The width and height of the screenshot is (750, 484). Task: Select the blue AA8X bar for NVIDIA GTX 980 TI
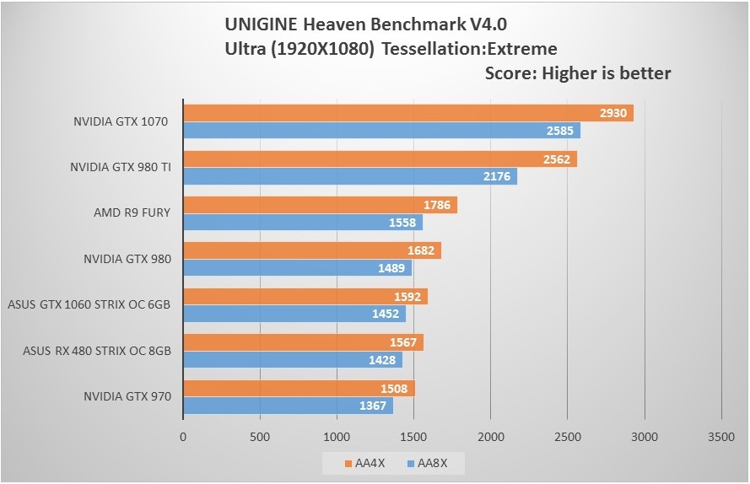(x=349, y=176)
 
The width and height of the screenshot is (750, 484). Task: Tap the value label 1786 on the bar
(x=437, y=205)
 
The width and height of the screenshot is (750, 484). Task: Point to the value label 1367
(x=374, y=406)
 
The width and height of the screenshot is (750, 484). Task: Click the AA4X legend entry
(x=365, y=463)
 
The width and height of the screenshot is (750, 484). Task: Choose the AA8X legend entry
(x=426, y=463)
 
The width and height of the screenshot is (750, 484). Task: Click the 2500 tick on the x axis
(x=567, y=437)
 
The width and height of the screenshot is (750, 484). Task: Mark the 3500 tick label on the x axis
(x=720, y=437)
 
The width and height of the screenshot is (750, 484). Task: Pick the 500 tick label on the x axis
(x=260, y=437)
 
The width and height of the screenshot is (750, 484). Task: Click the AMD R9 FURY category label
(x=132, y=212)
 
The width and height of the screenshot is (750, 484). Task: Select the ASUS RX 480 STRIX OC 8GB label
(x=97, y=350)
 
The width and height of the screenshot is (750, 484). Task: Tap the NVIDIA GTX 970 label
(x=127, y=395)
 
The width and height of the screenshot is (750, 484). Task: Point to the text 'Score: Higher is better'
(x=578, y=73)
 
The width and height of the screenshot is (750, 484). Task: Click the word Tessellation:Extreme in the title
(x=469, y=48)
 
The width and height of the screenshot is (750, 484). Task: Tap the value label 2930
(x=613, y=113)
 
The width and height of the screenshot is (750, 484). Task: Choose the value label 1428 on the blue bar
(x=383, y=360)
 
